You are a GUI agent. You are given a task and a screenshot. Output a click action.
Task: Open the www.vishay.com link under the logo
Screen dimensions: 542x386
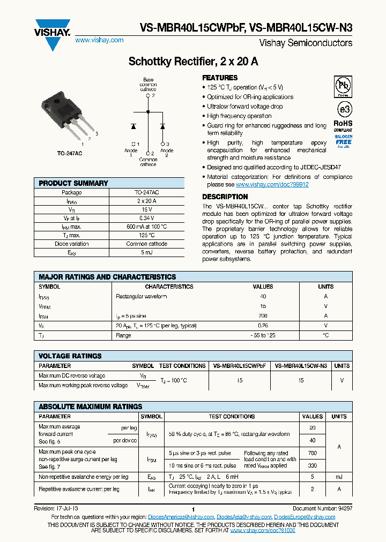(99, 40)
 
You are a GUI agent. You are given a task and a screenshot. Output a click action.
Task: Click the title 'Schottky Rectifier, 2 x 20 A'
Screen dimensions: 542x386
(193, 62)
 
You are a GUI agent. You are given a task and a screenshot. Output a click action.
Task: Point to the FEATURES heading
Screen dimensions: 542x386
(220, 78)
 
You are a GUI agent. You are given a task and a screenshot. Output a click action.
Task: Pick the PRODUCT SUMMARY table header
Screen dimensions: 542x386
(73, 183)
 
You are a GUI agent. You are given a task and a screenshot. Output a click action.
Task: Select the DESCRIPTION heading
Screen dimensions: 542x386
(225, 197)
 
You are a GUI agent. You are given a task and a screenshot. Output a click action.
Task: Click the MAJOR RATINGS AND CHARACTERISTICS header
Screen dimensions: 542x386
(107, 277)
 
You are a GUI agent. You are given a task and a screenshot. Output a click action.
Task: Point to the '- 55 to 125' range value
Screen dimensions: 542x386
(263, 335)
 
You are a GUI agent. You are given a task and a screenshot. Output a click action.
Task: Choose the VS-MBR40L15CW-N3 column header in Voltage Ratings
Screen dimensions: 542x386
(301, 366)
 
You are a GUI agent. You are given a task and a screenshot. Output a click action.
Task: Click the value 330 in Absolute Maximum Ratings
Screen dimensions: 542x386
(313, 466)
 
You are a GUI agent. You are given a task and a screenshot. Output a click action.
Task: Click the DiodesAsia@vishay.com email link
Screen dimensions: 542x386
(244, 517)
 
